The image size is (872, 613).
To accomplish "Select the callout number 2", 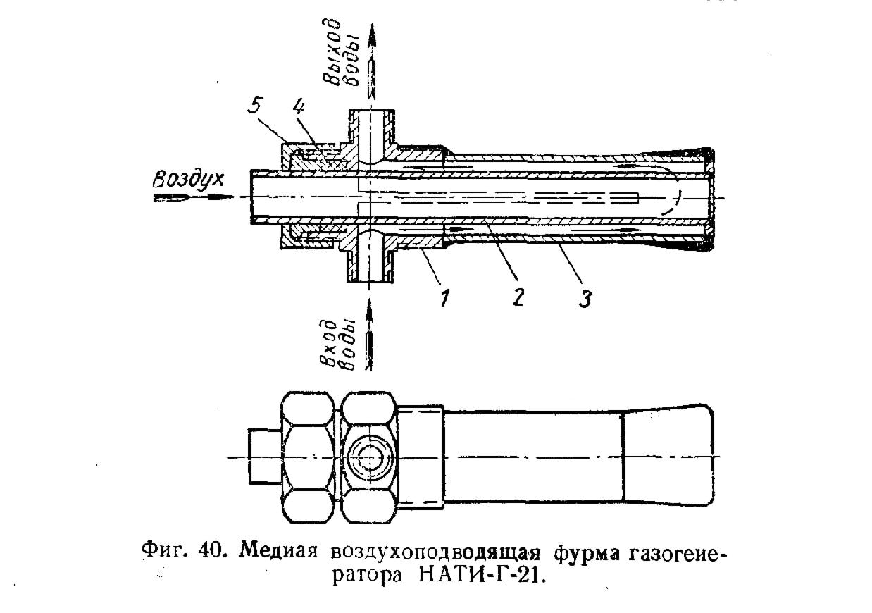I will (x=518, y=297).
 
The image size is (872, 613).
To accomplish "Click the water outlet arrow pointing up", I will (x=371, y=56).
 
